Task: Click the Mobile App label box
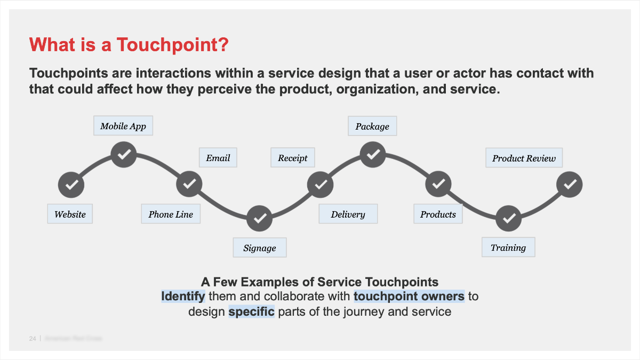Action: pos(123,126)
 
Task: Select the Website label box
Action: pos(70,214)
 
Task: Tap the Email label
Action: pos(218,158)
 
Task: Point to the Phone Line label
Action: pos(171,214)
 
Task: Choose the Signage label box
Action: pos(260,247)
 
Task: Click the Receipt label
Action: pos(293,158)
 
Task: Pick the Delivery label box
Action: pos(348,214)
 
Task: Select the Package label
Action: pos(372,126)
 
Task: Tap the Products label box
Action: pos(438,214)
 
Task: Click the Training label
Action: pos(508,247)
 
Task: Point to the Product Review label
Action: pos(524,158)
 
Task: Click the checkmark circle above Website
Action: pos(71,185)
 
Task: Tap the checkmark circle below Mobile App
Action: pos(124,155)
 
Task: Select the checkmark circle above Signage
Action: pos(260,218)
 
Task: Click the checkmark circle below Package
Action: pos(373,155)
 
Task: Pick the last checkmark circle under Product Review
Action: pos(569,185)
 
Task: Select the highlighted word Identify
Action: pos(183,296)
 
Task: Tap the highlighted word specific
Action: pos(251,311)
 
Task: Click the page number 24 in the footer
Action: pos(33,339)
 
